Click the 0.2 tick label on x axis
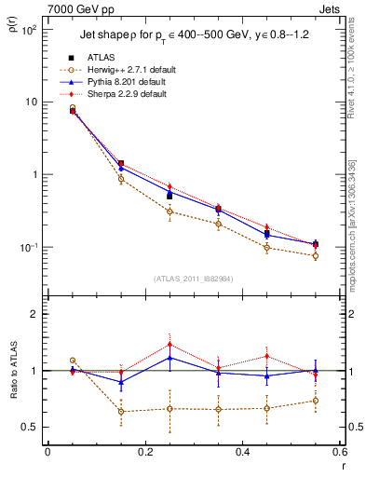click(x=144, y=452)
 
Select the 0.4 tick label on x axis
click(x=242, y=452)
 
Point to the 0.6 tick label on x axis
click(x=338, y=452)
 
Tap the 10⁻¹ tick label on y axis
click(x=28, y=248)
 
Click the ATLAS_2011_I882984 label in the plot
click(x=194, y=278)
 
